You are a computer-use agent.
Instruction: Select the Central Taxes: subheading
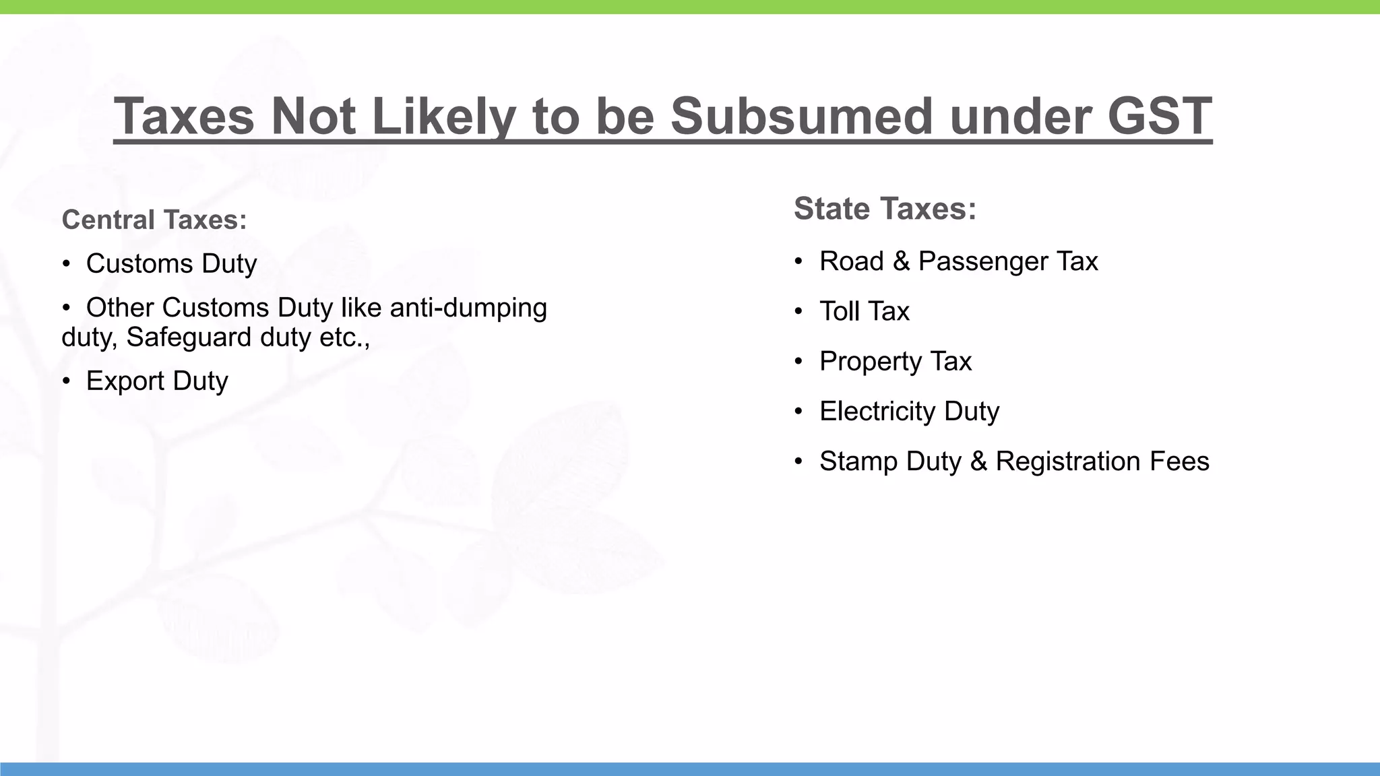point(154,220)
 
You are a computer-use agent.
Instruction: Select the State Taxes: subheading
point(885,209)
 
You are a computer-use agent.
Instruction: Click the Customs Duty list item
point(171,263)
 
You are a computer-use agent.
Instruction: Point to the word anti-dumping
point(468,308)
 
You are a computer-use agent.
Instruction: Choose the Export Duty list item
point(157,381)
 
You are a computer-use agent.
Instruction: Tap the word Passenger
point(982,261)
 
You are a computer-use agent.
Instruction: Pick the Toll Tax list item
point(864,311)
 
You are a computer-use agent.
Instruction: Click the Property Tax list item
point(895,362)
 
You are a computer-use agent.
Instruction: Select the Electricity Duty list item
point(909,412)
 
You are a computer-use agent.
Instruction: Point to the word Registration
point(1068,461)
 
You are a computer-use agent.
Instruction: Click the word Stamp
point(858,461)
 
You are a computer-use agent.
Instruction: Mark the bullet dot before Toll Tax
point(798,312)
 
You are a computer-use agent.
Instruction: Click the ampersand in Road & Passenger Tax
point(901,261)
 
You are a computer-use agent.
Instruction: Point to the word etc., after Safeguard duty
point(344,337)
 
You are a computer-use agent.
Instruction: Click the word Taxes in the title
point(184,117)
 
